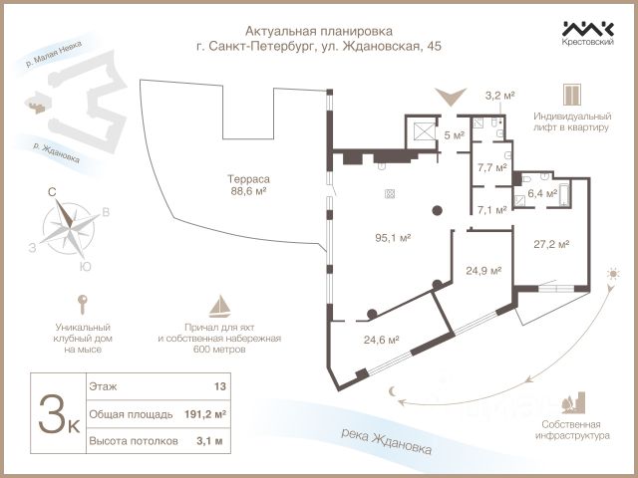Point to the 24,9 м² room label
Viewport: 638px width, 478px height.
(x=482, y=270)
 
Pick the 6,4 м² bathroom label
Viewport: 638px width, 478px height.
(x=541, y=194)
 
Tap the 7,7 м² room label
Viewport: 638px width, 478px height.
(x=491, y=167)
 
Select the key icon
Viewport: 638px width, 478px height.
(x=82, y=304)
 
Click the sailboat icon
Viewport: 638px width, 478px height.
(x=218, y=304)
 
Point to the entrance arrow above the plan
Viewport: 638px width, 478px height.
(x=452, y=98)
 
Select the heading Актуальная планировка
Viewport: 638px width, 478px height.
(x=318, y=31)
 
